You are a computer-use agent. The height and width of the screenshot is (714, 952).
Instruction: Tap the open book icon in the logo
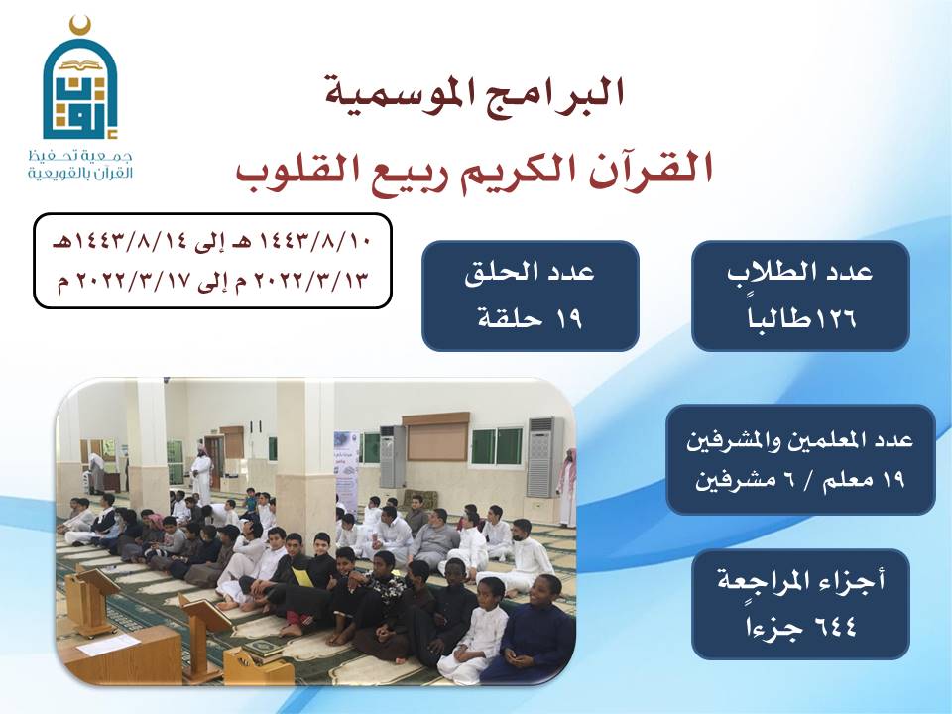(79, 64)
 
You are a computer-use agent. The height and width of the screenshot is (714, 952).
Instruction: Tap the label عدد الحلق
(530, 272)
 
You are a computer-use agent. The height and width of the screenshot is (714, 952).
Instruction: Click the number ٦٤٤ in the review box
(835, 623)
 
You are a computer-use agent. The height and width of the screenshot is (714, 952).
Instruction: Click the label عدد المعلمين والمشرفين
(800, 439)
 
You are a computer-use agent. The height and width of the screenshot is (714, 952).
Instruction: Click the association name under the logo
(79, 164)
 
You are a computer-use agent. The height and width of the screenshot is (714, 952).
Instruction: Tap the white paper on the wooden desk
(109, 644)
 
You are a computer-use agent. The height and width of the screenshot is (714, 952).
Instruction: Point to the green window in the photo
(497, 447)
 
